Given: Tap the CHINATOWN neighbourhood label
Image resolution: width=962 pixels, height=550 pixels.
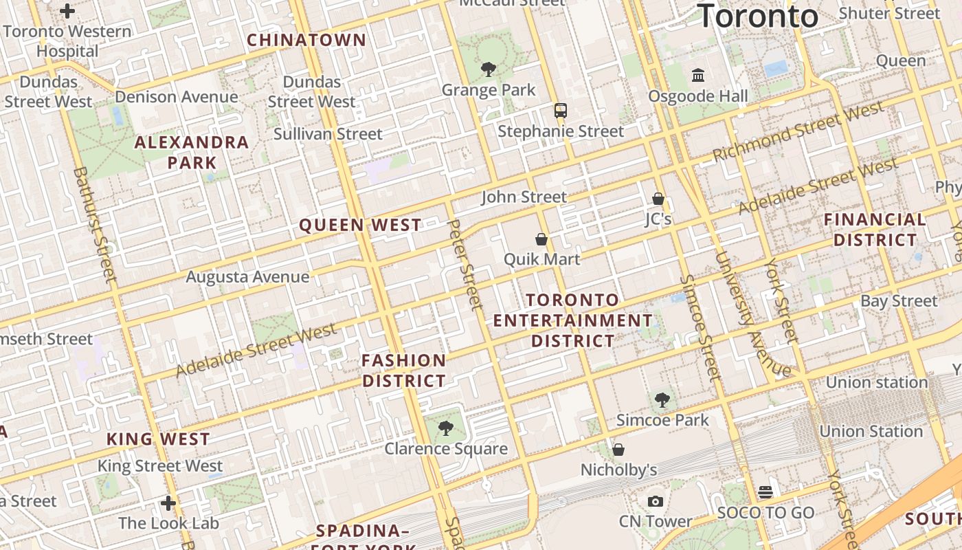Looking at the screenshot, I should [x=306, y=40].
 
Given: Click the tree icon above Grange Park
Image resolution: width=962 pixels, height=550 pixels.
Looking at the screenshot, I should [x=489, y=69].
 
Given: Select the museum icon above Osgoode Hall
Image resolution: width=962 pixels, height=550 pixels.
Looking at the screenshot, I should [x=698, y=75].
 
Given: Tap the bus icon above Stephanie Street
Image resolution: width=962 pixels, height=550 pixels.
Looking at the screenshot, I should [x=561, y=110].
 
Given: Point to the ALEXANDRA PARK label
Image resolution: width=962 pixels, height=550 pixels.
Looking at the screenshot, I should [x=192, y=152].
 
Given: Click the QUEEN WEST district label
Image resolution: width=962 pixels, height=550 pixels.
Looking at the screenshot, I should [x=361, y=225].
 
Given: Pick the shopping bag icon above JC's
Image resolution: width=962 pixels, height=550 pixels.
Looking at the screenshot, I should [x=658, y=199].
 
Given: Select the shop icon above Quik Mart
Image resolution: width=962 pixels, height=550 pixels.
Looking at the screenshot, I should [x=541, y=239].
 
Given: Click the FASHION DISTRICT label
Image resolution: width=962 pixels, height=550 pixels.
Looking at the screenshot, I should [x=404, y=371].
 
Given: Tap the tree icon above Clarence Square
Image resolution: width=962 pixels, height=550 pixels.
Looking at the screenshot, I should [x=446, y=428].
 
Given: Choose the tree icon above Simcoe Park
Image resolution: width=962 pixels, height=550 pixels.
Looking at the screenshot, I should [x=662, y=399].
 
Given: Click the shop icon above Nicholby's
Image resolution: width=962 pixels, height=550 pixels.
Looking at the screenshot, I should [x=618, y=450].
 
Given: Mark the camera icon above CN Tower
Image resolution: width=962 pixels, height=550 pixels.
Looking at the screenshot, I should [x=656, y=501].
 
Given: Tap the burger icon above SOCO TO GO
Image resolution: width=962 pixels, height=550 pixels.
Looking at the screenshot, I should [x=765, y=492].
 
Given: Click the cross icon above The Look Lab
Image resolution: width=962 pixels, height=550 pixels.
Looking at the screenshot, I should [x=168, y=503].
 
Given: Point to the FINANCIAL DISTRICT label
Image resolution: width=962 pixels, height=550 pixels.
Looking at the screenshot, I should [x=875, y=230].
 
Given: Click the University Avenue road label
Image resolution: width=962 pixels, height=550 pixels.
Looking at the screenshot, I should [x=752, y=315].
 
